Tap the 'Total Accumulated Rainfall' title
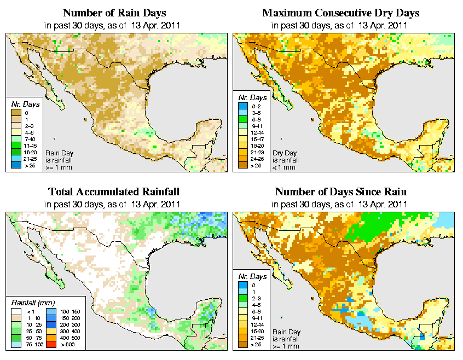(x=114, y=192)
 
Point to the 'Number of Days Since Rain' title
(x=340, y=192)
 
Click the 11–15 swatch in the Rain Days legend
(x=16, y=145)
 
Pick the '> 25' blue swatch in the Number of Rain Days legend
(x=16, y=165)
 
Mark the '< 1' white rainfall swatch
(x=16, y=312)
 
